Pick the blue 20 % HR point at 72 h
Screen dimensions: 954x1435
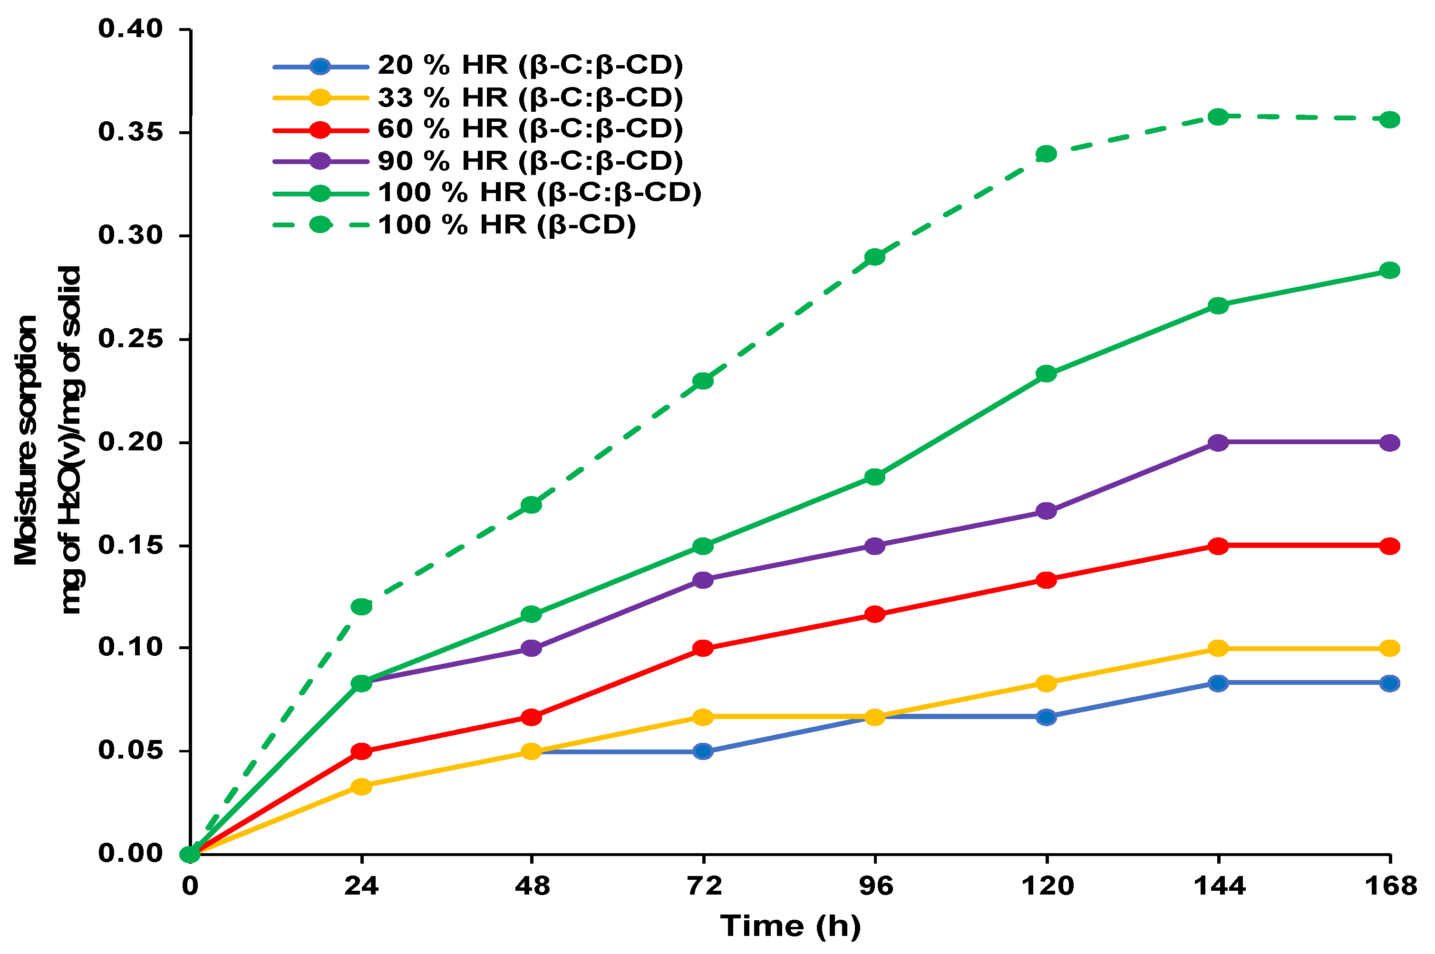(x=703, y=751)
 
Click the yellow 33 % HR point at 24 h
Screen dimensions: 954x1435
(x=361, y=786)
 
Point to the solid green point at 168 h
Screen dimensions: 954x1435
(x=1389, y=270)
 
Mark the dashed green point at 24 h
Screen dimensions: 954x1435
(x=361, y=606)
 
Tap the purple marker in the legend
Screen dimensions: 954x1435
(x=320, y=161)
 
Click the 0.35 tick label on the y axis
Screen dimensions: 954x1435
(x=130, y=132)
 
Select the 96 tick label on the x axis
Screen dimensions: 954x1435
(x=875, y=886)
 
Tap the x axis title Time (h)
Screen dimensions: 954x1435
(x=790, y=926)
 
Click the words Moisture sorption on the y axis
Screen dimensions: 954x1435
(x=26, y=440)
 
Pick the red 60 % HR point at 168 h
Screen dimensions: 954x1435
(x=1389, y=546)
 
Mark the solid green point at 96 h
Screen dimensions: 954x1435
(x=875, y=477)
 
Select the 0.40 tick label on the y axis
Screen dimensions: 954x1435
(x=130, y=29)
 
